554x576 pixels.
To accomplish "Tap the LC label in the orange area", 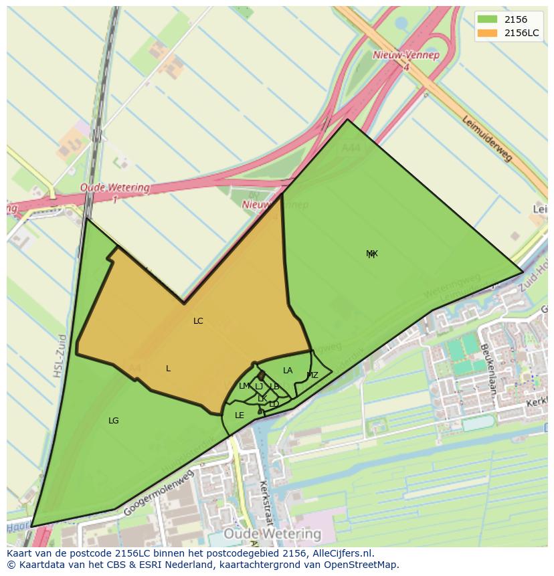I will [x=198, y=321].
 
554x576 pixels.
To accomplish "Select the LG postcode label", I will [x=114, y=421].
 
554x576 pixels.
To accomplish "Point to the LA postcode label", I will [x=288, y=371].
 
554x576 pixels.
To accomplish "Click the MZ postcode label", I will [x=312, y=375].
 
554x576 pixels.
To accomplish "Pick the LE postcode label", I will [x=240, y=415].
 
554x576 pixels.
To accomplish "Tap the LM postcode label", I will [x=244, y=386].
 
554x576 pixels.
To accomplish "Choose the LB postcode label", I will [x=274, y=387].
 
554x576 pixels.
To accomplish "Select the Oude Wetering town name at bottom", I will [x=272, y=534].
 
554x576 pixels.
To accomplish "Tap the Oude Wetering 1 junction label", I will [x=115, y=192].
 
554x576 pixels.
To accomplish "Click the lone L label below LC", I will [x=168, y=369].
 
